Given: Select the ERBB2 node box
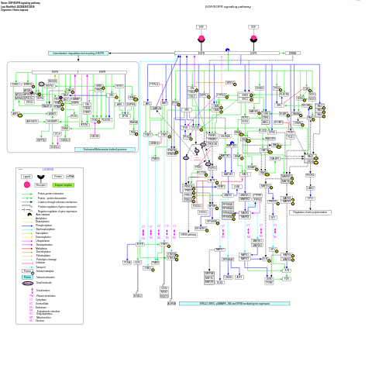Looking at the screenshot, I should click(292, 53).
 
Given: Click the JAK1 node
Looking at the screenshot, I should click(147, 103).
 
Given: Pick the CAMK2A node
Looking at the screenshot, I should click(156, 108).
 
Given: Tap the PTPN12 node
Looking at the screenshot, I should click(154, 84).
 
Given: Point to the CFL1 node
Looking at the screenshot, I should click(311, 198).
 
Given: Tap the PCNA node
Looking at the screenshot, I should click(127, 263).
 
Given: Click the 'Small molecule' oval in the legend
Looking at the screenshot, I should click(28, 283).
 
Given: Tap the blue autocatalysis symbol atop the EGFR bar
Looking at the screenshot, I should click(227, 50).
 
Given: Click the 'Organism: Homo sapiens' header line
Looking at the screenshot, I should click(15, 9).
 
